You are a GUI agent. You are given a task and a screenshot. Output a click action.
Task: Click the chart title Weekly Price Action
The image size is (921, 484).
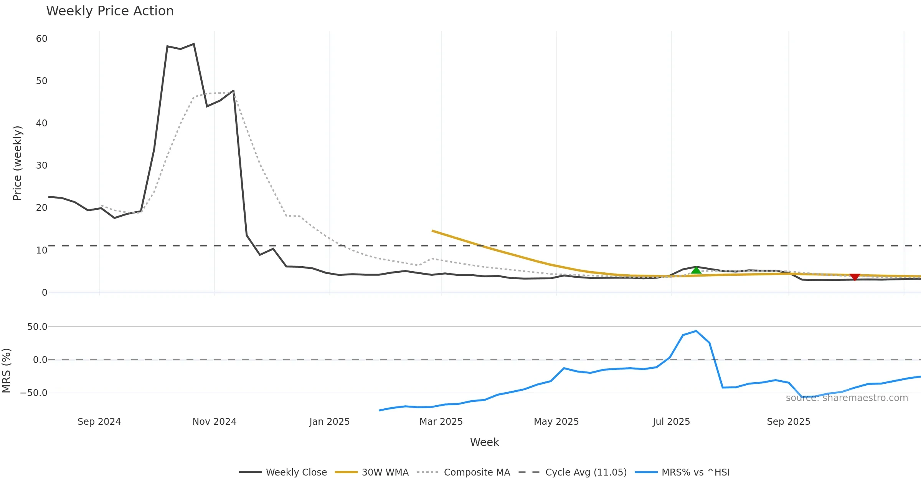pos(110,11)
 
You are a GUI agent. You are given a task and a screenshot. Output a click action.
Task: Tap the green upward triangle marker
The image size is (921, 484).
pos(696,270)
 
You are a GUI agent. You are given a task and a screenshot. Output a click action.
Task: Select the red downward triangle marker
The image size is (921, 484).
pos(855,277)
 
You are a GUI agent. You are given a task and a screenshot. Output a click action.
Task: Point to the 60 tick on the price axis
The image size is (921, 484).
pos(42,39)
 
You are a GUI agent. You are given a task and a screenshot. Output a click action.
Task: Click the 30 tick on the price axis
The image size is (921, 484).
pos(42,166)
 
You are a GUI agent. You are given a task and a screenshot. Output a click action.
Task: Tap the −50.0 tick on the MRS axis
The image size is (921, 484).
pos(34,393)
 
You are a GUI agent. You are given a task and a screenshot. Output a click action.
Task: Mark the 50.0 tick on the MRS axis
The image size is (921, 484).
pos(37,327)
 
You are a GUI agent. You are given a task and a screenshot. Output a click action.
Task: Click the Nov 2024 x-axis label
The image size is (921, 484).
pos(214,422)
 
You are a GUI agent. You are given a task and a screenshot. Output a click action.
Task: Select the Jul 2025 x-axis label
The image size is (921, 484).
pos(671,422)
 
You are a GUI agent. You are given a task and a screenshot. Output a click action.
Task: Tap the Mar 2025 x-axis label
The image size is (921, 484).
pos(441,422)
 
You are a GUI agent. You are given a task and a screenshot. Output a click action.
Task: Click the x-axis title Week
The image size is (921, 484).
pos(484,443)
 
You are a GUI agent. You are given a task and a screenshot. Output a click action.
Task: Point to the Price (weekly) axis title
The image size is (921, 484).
pos(17,163)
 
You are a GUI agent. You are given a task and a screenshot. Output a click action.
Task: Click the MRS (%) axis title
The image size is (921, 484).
pos(6,371)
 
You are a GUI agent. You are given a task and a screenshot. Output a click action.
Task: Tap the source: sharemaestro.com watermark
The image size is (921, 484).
pos(847,398)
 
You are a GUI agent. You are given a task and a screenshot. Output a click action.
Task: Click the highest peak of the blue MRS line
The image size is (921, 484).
pos(696,331)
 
